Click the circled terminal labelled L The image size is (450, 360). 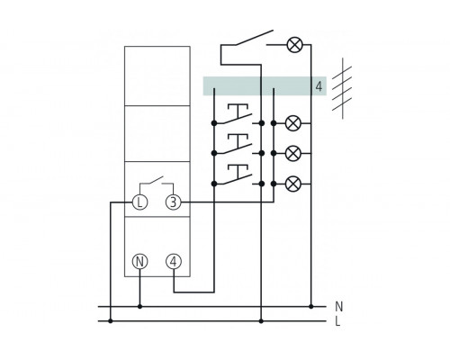pos(139,202)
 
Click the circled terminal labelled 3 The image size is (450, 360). pos(174,202)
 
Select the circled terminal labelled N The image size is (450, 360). pos(139,262)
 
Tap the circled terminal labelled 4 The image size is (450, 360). pos(174,262)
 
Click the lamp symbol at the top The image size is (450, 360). pos(295,45)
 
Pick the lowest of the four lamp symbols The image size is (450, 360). pos(293,184)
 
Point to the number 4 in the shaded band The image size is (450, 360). pos(319,86)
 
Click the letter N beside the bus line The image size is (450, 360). pos(338,307)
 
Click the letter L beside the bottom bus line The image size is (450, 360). pos(337,322)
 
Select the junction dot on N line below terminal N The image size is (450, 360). pos(139,307)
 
